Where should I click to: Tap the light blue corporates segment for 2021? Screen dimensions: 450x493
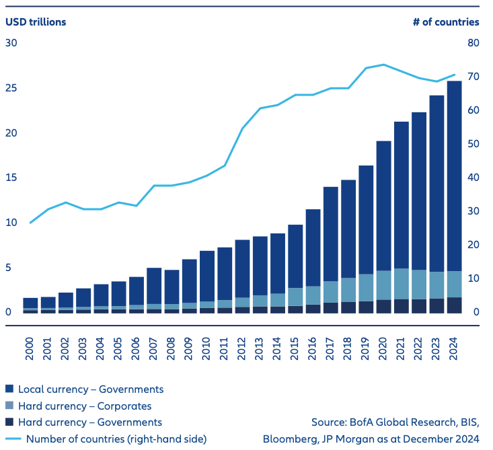pos(402,283)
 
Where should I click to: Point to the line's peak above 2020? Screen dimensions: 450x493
pos(383,65)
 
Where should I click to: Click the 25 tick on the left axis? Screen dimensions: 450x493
pos(11,88)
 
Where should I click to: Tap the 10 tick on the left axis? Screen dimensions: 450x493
pos(11,223)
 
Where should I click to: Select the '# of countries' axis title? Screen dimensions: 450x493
pos(446,22)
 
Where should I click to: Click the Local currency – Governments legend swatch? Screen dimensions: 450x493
pos(9,389)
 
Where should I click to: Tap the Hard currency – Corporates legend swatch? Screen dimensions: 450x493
pos(9,406)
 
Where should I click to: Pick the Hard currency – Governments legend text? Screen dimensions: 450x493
pos(90,422)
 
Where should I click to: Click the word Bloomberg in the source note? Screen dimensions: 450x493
pos(289,439)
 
